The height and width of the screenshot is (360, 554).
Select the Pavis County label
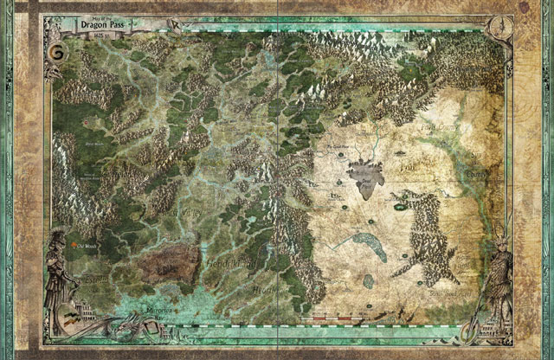tap(472, 130)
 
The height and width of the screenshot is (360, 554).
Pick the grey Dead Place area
tap(365, 178)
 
